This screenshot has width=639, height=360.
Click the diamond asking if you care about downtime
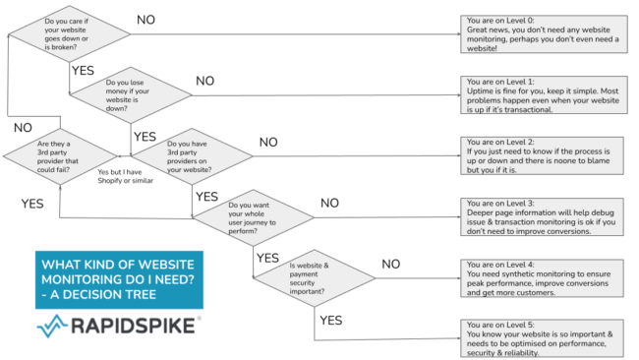(x=70, y=33)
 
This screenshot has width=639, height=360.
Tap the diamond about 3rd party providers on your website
(x=193, y=154)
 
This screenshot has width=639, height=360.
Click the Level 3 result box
(x=542, y=217)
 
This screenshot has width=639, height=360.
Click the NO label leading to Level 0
(x=145, y=19)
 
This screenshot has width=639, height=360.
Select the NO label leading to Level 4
(x=391, y=265)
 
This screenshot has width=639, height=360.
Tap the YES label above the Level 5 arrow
(x=331, y=321)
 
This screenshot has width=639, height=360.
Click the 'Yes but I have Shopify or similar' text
(x=126, y=176)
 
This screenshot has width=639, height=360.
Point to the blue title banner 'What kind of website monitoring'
(x=118, y=278)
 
